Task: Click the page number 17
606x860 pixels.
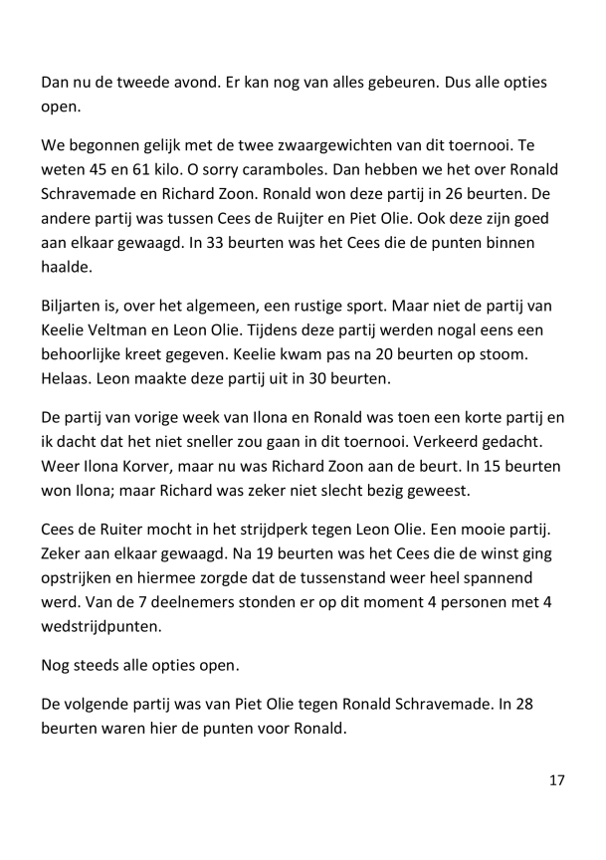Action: [x=556, y=779]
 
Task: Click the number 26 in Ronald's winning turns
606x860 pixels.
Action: [x=458, y=205]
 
